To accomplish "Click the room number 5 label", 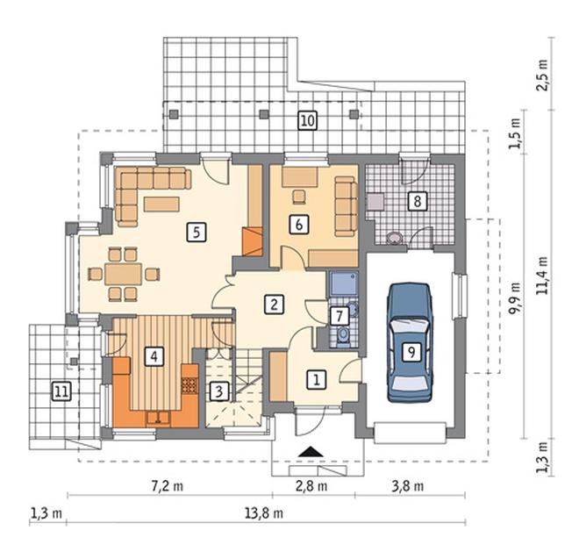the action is point(197,232).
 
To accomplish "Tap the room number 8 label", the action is point(418,201).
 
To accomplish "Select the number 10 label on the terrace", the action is point(307,120).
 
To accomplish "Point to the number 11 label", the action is point(61,391).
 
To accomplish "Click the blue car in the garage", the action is point(410,342).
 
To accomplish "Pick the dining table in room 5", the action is point(123,274).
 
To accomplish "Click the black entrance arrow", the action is point(311,452).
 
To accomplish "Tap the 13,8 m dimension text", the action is point(264,513).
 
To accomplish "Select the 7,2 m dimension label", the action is point(168,486).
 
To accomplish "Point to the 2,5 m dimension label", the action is point(542,75).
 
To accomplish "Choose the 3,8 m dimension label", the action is point(408,486).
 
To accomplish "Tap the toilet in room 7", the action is point(344,336).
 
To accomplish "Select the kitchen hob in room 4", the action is point(189,384).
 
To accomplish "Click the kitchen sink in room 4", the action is point(158,418).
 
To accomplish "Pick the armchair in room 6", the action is point(299,197).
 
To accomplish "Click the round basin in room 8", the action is point(395,238).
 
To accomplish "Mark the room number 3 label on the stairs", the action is point(219,391).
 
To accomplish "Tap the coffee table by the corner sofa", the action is point(161,204).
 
